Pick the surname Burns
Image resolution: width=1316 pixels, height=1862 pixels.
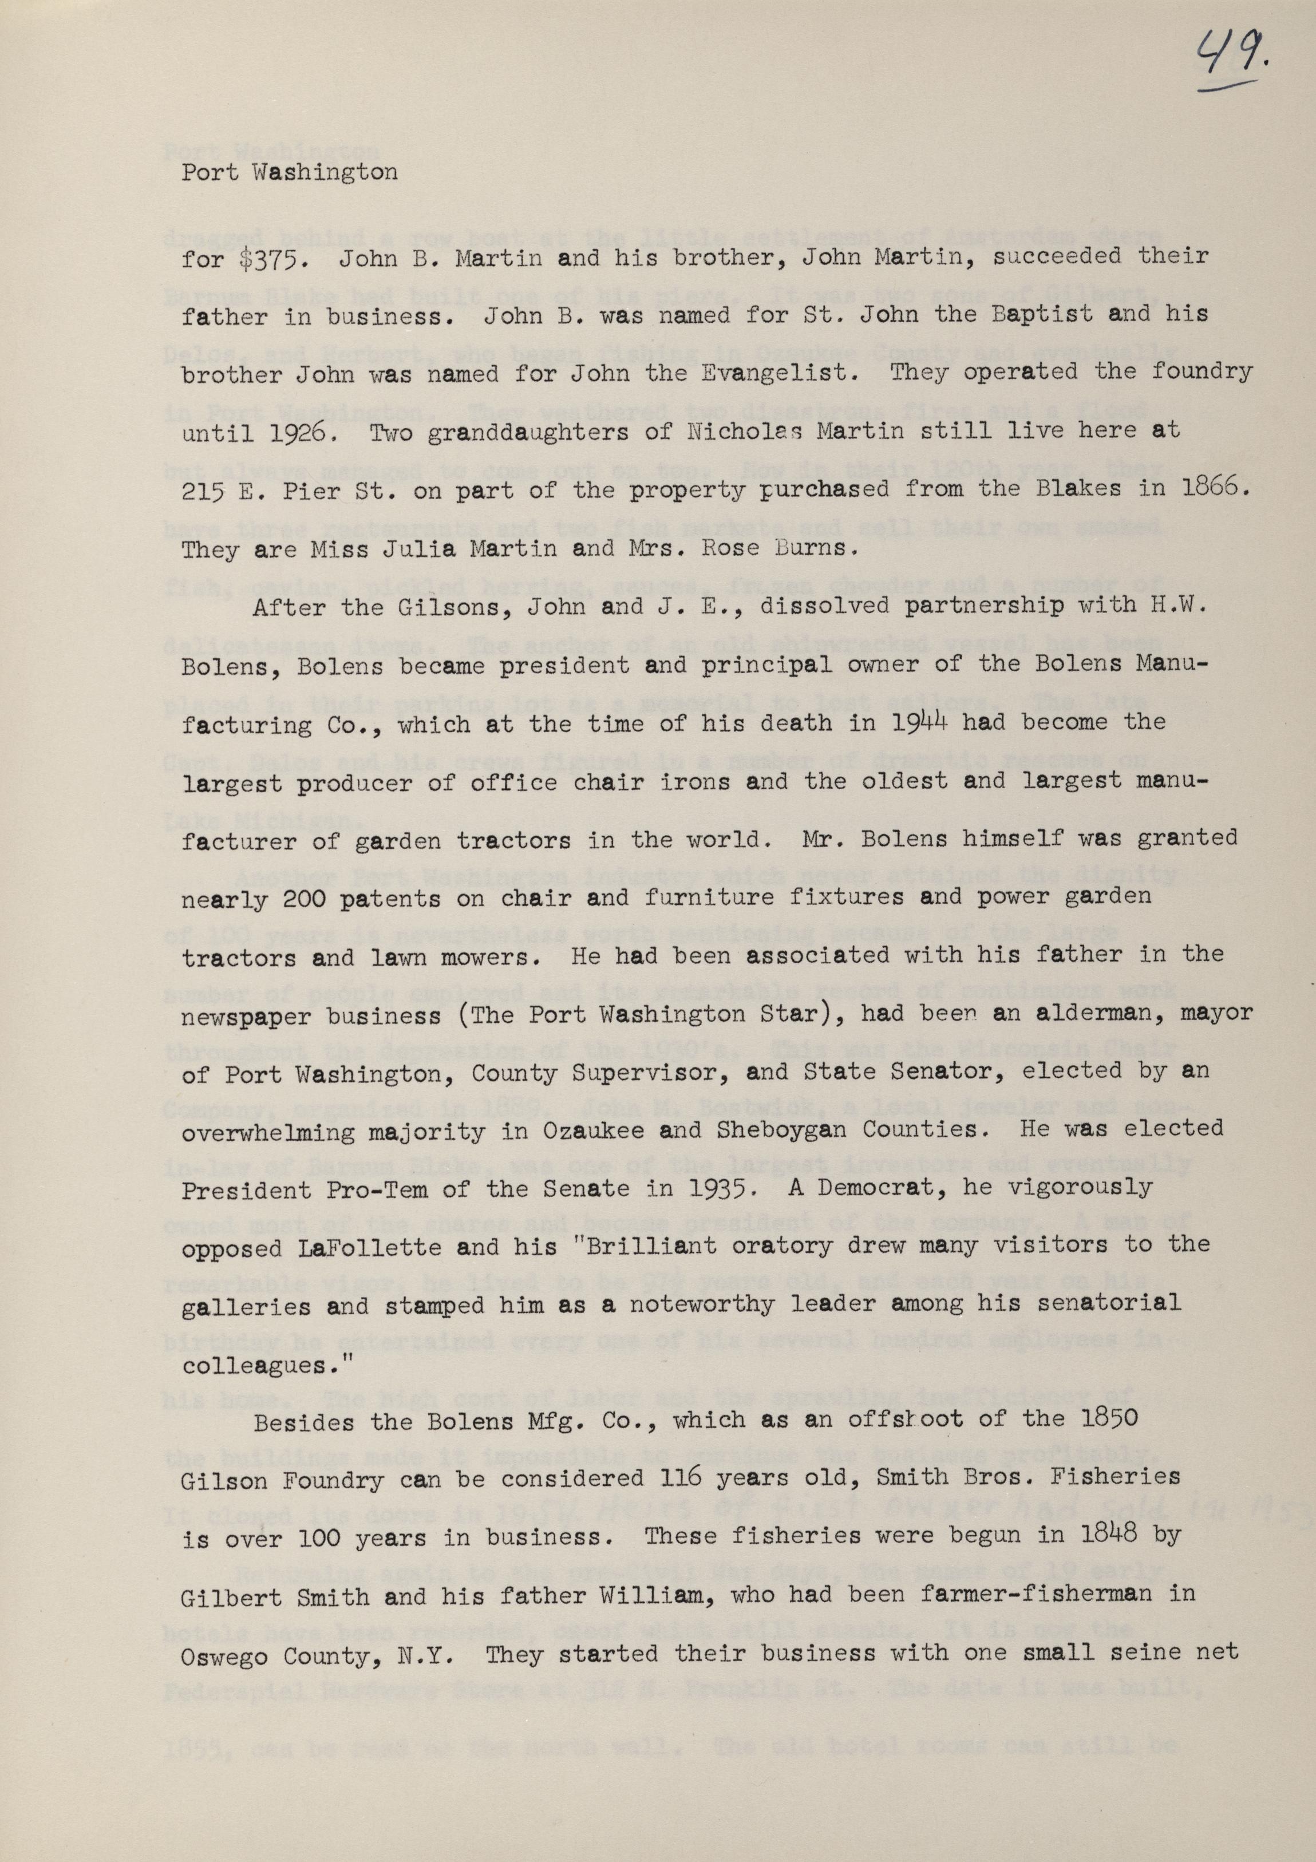point(819,549)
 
